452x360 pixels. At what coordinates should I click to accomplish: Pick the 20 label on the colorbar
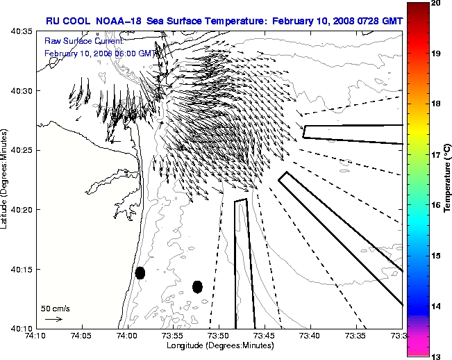click(x=435, y=3)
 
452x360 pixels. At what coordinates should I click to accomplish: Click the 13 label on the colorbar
click(x=435, y=356)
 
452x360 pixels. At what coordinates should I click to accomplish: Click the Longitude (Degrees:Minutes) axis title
click(x=219, y=345)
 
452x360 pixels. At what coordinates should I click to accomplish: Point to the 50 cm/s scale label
click(x=56, y=309)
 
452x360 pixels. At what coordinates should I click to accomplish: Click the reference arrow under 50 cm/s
click(x=53, y=319)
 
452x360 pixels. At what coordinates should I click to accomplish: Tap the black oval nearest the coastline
click(x=140, y=272)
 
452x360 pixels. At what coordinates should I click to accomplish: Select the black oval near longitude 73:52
click(x=197, y=286)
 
